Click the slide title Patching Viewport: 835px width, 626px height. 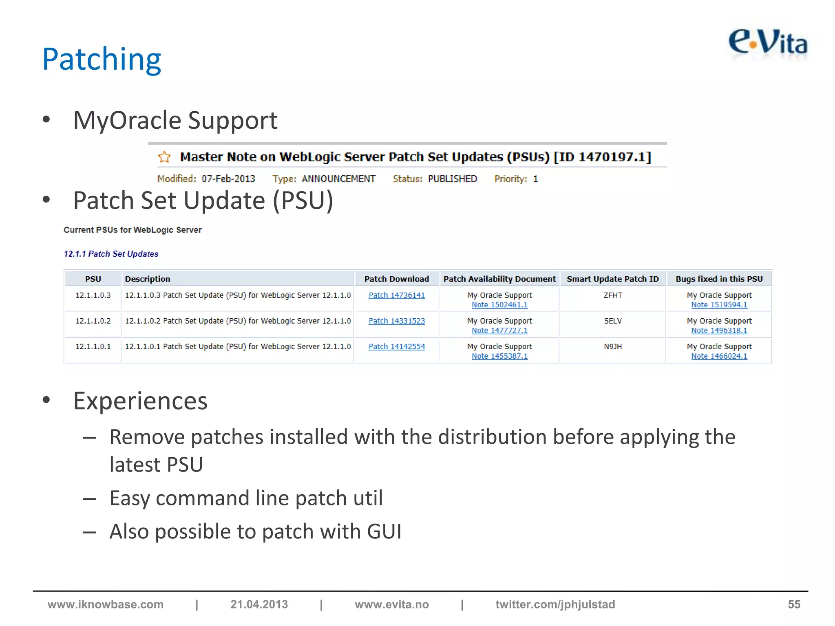click(x=102, y=60)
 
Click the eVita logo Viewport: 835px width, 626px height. click(x=768, y=43)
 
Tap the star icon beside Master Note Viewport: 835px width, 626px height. click(x=164, y=157)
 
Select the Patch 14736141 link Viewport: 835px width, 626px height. click(x=396, y=295)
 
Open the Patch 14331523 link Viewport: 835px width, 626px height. click(x=396, y=321)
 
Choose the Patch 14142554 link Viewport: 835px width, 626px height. click(x=396, y=346)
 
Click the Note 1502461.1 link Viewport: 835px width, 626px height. click(x=499, y=305)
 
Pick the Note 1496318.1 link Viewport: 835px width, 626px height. click(x=719, y=331)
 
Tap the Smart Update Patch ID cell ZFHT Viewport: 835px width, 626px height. click(x=612, y=295)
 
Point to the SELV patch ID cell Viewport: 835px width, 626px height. click(x=612, y=321)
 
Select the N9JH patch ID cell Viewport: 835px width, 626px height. click(x=612, y=346)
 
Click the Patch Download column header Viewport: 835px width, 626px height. click(x=396, y=279)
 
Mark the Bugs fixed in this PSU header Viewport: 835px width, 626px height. click(x=719, y=279)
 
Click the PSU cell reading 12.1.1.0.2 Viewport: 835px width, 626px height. click(x=93, y=321)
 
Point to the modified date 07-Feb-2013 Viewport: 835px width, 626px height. click(x=228, y=179)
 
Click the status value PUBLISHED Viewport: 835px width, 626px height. click(x=452, y=179)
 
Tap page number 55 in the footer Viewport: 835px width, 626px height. click(x=794, y=604)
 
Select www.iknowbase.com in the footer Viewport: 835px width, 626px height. click(x=105, y=604)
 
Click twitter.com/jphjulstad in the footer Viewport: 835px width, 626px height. click(x=555, y=604)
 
